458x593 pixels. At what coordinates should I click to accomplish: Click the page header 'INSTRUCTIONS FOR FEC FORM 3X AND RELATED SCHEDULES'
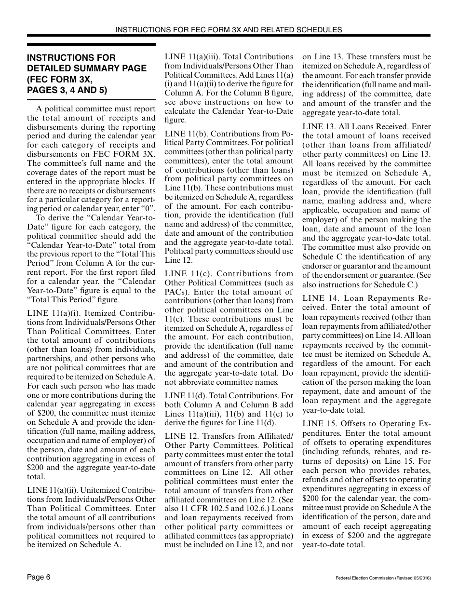229,29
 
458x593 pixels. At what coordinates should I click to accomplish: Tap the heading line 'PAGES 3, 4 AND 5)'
67,90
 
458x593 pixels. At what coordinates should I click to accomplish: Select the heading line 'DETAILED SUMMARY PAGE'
87,68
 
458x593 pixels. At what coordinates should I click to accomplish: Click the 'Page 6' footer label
39,577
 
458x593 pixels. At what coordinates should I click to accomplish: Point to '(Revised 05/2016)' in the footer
412,578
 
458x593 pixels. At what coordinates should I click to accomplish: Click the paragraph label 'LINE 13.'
319,127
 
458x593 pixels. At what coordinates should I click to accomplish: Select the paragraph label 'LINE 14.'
319,298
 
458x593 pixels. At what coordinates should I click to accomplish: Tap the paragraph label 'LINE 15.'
319,424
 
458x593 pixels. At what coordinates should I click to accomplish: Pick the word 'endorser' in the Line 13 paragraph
317,266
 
